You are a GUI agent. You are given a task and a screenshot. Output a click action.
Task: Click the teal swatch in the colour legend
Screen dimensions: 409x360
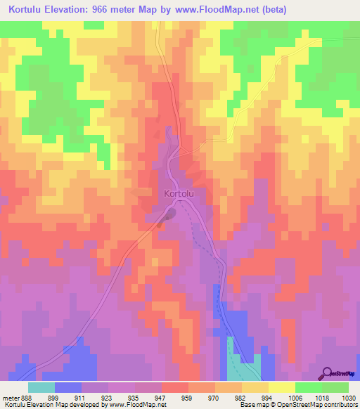(41, 387)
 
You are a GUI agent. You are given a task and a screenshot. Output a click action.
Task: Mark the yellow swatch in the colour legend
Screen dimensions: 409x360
(282, 387)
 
